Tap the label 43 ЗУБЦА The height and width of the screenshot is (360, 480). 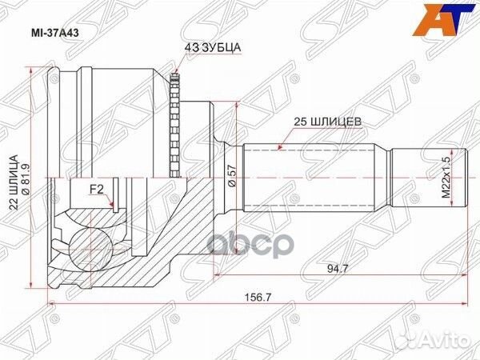[213, 47]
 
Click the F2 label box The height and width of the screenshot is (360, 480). [97, 190]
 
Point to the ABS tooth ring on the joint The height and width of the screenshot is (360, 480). [177, 124]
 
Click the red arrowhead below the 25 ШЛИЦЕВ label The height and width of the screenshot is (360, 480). [278, 147]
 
